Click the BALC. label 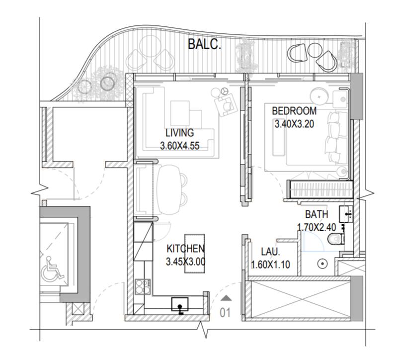[x=204, y=44]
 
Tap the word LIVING [x=180, y=133]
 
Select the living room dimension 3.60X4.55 [x=180, y=146]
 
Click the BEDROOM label [x=294, y=111]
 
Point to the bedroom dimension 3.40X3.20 [x=295, y=124]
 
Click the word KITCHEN [x=185, y=249]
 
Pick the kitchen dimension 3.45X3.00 [x=185, y=262]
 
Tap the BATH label [x=317, y=214]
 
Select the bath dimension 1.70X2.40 [x=317, y=227]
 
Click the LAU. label [x=271, y=252]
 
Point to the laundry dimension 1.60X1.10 [x=271, y=265]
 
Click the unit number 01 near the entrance [x=225, y=313]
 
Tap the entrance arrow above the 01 [x=226, y=298]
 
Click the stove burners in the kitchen [x=143, y=287]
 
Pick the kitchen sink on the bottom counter [x=180, y=304]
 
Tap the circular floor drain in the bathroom [x=322, y=264]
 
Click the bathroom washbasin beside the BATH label [x=346, y=214]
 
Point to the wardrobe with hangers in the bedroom [x=320, y=189]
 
